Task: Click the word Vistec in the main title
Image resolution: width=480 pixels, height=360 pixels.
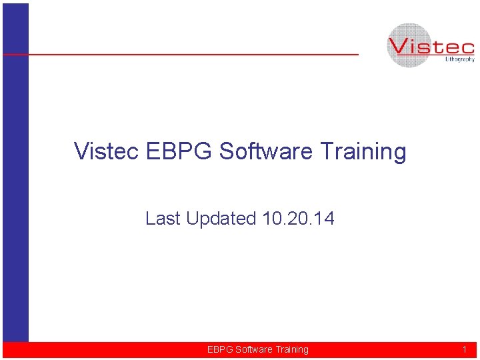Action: pyautogui.click(x=107, y=151)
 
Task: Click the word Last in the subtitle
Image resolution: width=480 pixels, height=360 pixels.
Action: pyautogui.click(x=163, y=219)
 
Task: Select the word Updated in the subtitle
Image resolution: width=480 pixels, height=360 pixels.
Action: pyautogui.click(x=222, y=219)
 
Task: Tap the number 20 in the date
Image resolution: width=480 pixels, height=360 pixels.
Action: pyautogui.click(x=298, y=219)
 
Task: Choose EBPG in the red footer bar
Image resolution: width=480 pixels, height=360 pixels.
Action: pyautogui.click(x=220, y=349)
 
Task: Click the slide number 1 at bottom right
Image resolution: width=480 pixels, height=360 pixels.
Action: pyautogui.click(x=465, y=349)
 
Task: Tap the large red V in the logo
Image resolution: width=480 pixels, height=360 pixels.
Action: pyautogui.click(x=400, y=47)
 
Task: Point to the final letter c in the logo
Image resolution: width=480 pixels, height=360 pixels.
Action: pyautogui.click(x=467, y=49)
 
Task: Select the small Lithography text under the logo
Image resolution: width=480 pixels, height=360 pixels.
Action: pyautogui.click(x=459, y=59)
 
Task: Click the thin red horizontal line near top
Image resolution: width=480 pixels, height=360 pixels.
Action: pyautogui.click(x=200, y=54)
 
